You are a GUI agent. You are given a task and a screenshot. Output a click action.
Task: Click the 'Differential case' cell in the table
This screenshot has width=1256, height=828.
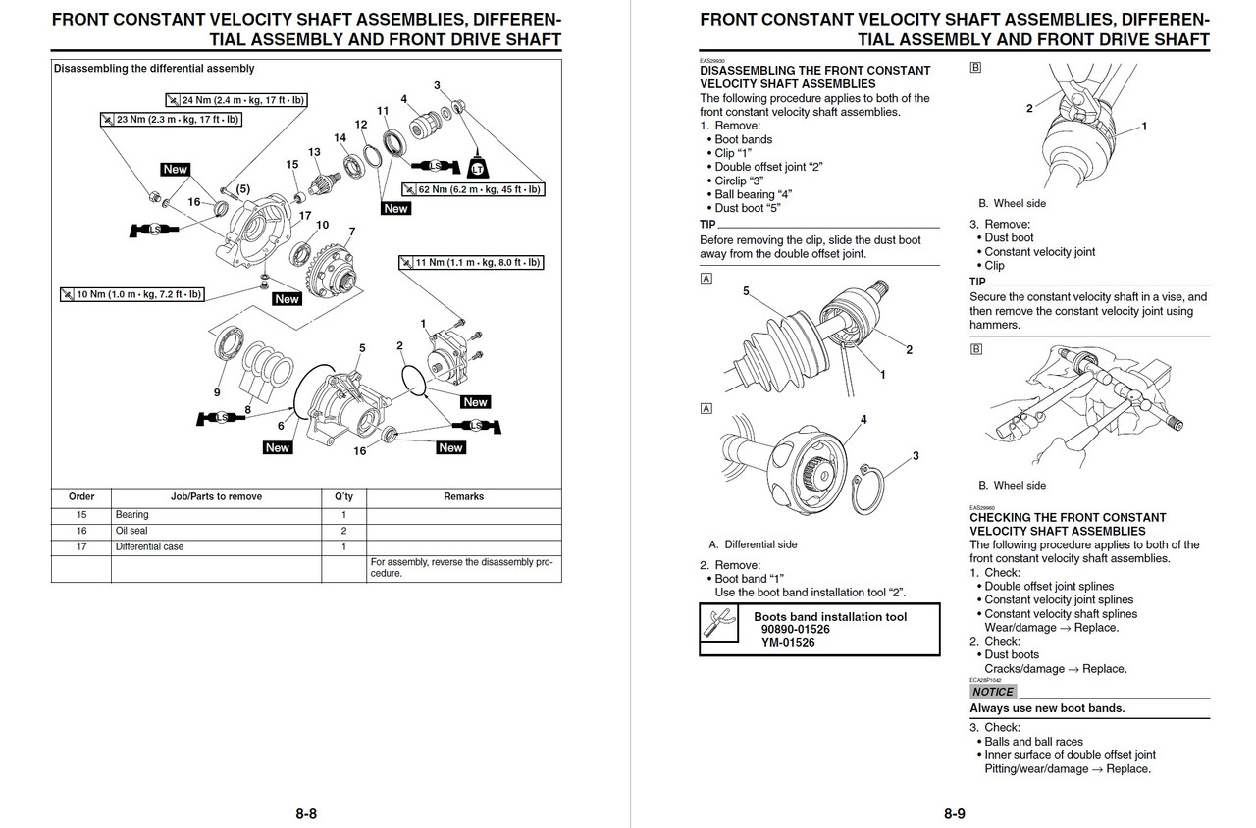(x=149, y=546)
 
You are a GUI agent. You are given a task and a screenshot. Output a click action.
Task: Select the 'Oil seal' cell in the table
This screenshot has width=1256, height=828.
(x=132, y=531)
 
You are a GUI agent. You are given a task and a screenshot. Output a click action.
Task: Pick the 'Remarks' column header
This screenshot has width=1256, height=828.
(x=463, y=496)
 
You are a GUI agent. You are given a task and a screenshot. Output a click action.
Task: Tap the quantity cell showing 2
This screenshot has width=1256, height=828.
(x=343, y=531)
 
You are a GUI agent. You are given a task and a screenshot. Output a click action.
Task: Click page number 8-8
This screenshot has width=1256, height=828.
(x=306, y=813)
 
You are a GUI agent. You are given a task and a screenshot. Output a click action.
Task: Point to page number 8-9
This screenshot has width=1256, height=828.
(x=955, y=813)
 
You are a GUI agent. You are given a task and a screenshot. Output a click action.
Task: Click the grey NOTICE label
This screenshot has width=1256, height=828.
(x=992, y=692)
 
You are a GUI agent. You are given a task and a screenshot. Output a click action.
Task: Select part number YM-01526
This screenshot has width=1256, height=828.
(x=788, y=643)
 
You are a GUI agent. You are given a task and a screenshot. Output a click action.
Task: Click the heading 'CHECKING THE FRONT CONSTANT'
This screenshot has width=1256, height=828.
(x=1068, y=517)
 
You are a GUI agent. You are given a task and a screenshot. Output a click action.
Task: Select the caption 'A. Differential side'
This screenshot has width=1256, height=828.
(x=753, y=544)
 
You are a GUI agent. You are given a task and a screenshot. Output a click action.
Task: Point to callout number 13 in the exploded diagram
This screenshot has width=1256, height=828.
(x=314, y=152)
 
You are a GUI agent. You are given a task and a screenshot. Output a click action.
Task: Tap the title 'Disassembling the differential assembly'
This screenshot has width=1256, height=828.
(x=154, y=69)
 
